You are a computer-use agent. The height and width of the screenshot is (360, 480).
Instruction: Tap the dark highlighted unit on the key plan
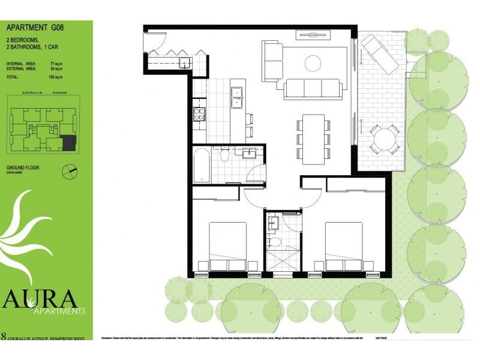(x=70, y=142)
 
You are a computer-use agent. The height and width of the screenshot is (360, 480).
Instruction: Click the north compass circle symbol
(x=70, y=172)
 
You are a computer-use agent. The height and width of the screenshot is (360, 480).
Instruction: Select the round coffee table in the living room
(x=313, y=63)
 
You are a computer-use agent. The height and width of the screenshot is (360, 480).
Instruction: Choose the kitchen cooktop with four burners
(x=199, y=113)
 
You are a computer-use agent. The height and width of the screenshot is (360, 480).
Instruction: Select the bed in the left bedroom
(x=227, y=247)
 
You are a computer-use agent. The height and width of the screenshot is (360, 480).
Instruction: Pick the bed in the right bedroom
(x=344, y=247)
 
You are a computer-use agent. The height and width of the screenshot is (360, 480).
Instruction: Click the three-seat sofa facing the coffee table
(x=313, y=88)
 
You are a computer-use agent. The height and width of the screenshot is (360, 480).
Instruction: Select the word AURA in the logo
(x=40, y=298)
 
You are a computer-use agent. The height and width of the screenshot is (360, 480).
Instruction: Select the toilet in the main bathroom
(x=224, y=155)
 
